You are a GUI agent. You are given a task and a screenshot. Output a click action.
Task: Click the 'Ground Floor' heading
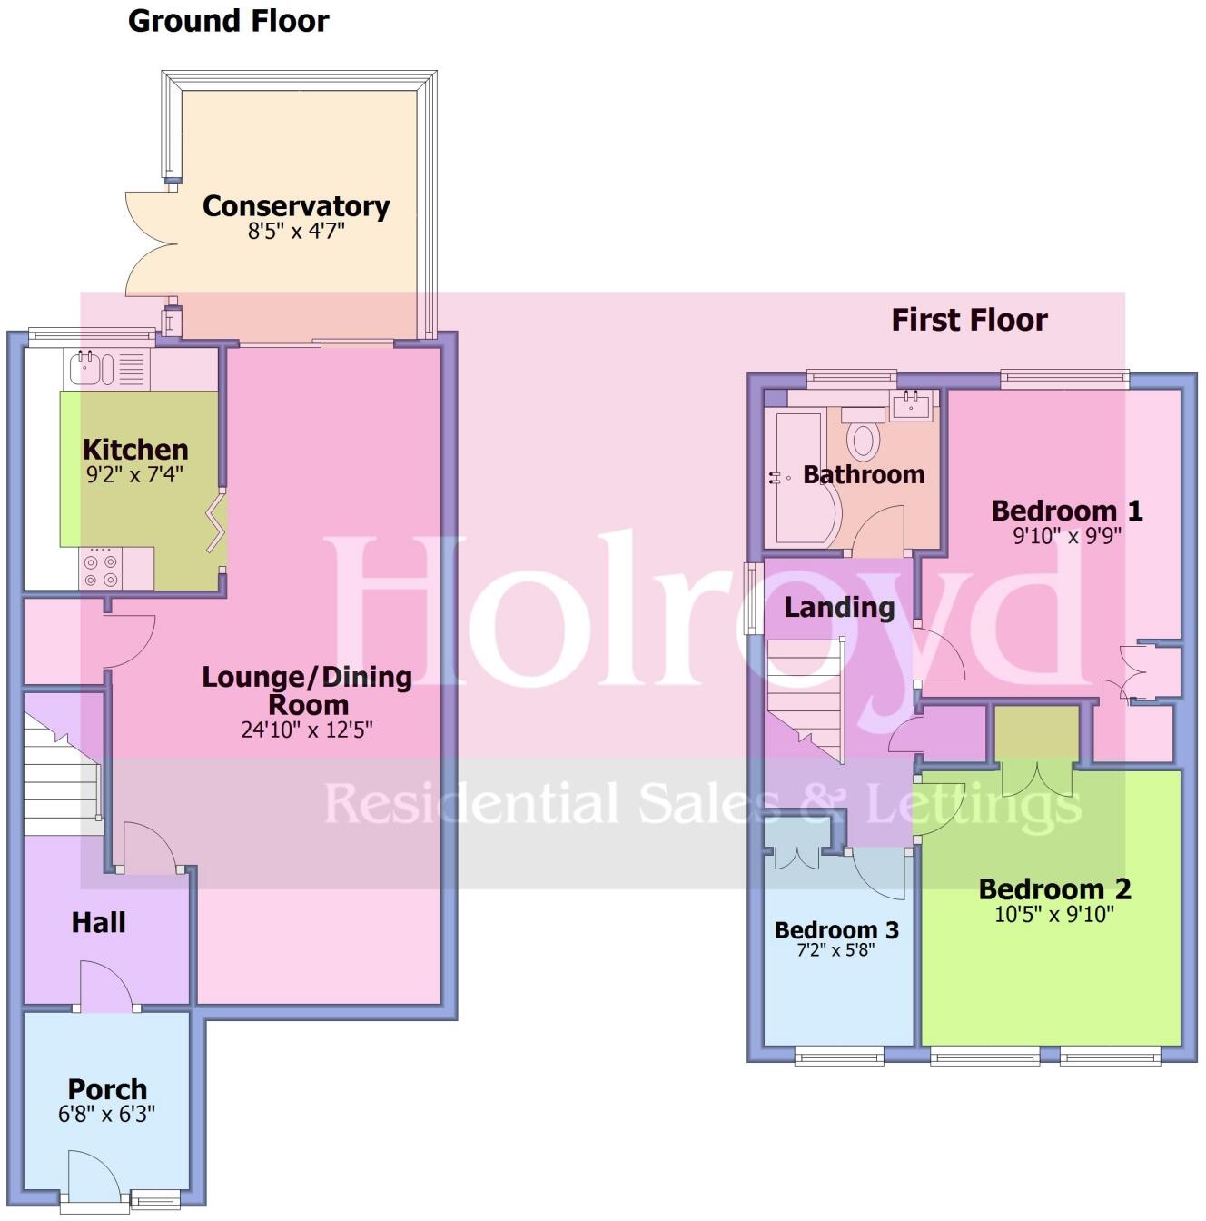pyautogui.click(x=228, y=21)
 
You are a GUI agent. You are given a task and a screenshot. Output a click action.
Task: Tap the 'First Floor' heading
pyautogui.click(x=969, y=320)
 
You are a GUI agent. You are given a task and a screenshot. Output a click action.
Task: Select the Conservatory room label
pyautogui.click(x=296, y=206)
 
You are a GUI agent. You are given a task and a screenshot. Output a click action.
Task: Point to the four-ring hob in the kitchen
pyautogui.click(x=101, y=570)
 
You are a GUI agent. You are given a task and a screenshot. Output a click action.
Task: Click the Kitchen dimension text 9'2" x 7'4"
pyautogui.click(x=135, y=474)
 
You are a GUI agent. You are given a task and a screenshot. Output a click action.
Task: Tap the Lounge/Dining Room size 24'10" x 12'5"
pyautogui.click(x=307, y=730)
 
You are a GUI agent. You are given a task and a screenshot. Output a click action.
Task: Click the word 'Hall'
pyautogui.click(x=98, y=923)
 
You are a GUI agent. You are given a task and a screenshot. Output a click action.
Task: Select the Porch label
pyautogui.click(x=107, y=1089)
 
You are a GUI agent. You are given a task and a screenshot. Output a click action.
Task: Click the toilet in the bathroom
pyautogui.click(x=864, y=436)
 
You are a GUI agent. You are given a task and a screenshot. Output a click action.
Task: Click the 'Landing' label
pyautogui.click(x=839, y=607)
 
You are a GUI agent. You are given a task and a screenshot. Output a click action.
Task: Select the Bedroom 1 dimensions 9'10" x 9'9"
pyautogui.click(x=1067, y=536)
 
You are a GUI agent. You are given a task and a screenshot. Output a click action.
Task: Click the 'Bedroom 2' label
pyautogui.click(x=1054, y=888)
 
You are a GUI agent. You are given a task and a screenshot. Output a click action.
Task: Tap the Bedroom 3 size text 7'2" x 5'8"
pyautogui.click(x=836, y=951)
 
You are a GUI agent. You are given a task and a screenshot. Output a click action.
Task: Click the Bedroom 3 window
pyautogui.click(x=839, y=1056)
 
